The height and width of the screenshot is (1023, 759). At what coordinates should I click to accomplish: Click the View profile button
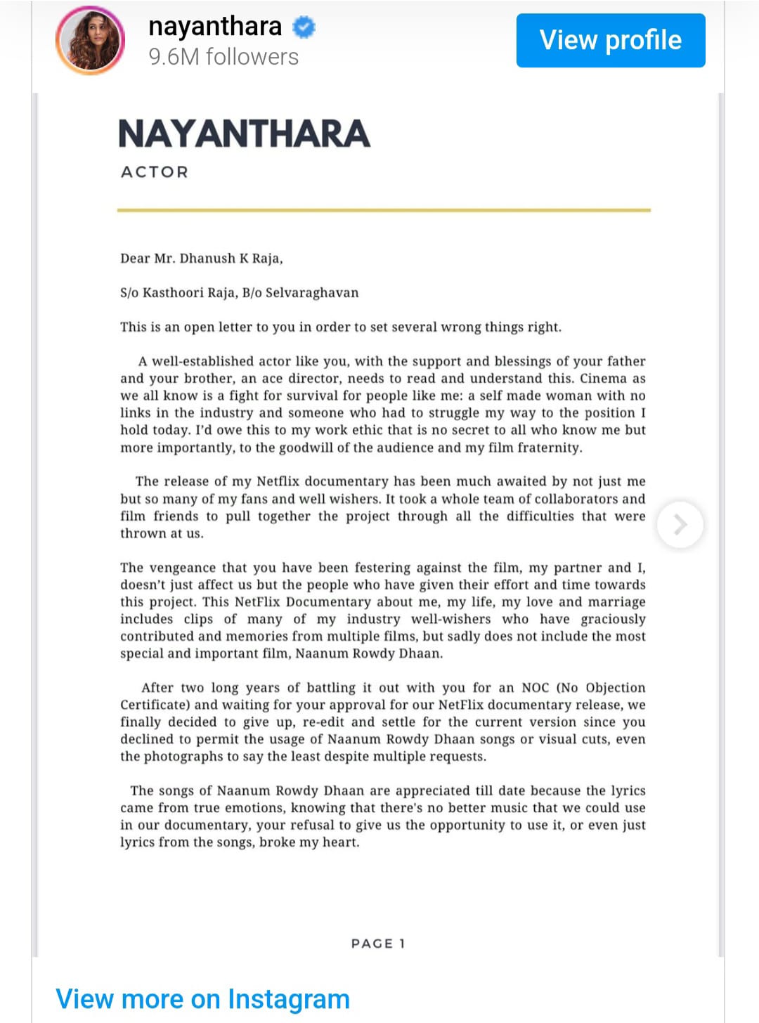point(610,40)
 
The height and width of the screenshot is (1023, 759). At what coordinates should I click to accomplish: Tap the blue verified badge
point(304,27)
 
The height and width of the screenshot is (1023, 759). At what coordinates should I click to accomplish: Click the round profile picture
point(90,40)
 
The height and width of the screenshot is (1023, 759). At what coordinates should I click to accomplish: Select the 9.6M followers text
point(223,57)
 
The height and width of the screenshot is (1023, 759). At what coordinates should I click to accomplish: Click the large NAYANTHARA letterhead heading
point(244,133)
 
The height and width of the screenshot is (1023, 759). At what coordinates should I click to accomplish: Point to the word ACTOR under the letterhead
point(155,172)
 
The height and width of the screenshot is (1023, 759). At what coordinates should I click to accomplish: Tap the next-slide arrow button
point(680,524)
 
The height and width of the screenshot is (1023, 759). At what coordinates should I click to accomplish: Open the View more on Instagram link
point(202,998)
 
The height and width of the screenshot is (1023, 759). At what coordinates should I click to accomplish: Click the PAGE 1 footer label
point(378,944)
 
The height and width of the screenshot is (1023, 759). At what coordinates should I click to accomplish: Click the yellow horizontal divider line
point(384,210)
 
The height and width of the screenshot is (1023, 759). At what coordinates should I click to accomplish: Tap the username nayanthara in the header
point(215,27)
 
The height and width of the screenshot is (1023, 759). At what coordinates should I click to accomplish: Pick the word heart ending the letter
point(340,842)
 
